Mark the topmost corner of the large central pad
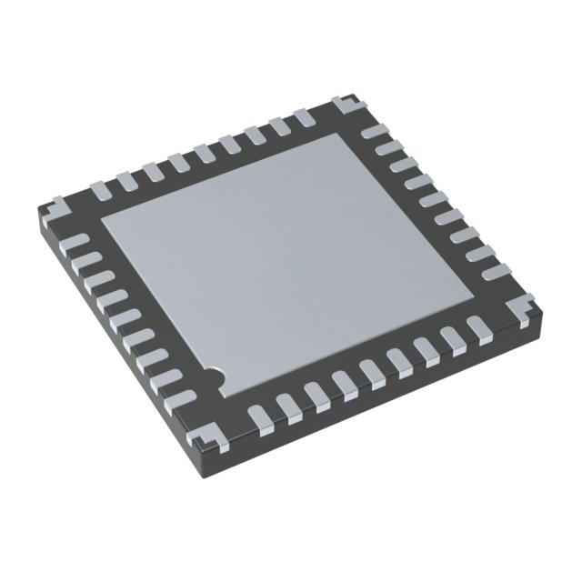click(x=345, y=134)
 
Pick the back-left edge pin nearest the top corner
click(x=301, y=117)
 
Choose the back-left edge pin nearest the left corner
click(x=101, y=186)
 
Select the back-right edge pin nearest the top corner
click(x=370, y=132)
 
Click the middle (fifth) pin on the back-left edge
click(x=202, y=151)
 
